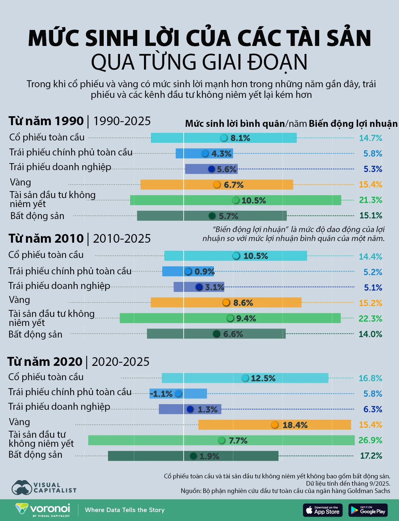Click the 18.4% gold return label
click(x=295, y=425)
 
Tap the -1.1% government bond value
click(x=161, y=394)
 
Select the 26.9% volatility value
click(x=370, y=440)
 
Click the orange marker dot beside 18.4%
click(x=275, y=425)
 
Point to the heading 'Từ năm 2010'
click(x=46, y=238)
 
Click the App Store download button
click(x=323, y=510)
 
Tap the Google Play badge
click(x=368, y=510)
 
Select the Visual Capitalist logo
click(x=44, y=487)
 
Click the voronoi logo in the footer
click(x=43, y=510)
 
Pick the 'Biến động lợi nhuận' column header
click(x=353, y=124)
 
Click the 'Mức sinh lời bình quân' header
click(x=235, y=124)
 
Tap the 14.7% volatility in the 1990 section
click(x=370, y=138)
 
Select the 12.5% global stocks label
click(x=263, y=378)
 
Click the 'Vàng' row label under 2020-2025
click(x=19, y=422)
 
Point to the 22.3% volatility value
click(x=370, y=318)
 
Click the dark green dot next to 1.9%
click(x=193, y=456)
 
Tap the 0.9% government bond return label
click(x=204, y=272)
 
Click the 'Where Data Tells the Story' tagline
click(x=125, y=510)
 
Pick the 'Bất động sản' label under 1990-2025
click(x=37, y=216)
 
